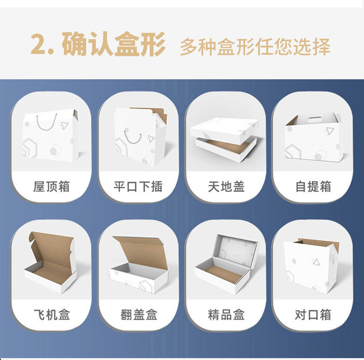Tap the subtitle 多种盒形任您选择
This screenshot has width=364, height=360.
click(255, 47)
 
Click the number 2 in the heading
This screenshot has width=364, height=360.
click(39, 45)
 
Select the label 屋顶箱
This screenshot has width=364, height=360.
click(52, 187)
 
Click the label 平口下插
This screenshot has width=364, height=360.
click(138, 187)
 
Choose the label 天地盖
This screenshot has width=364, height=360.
click(226, 187)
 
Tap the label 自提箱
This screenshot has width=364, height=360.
click(313, 187)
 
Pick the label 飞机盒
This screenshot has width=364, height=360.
click(52, 315)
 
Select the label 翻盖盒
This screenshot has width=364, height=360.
click(138, 315)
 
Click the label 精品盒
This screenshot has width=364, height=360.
click(226, 315)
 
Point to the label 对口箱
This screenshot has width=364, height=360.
click(313, 315)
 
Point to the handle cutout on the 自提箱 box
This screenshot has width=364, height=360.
click(314, 119)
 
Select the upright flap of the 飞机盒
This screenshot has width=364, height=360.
click(51, 244)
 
